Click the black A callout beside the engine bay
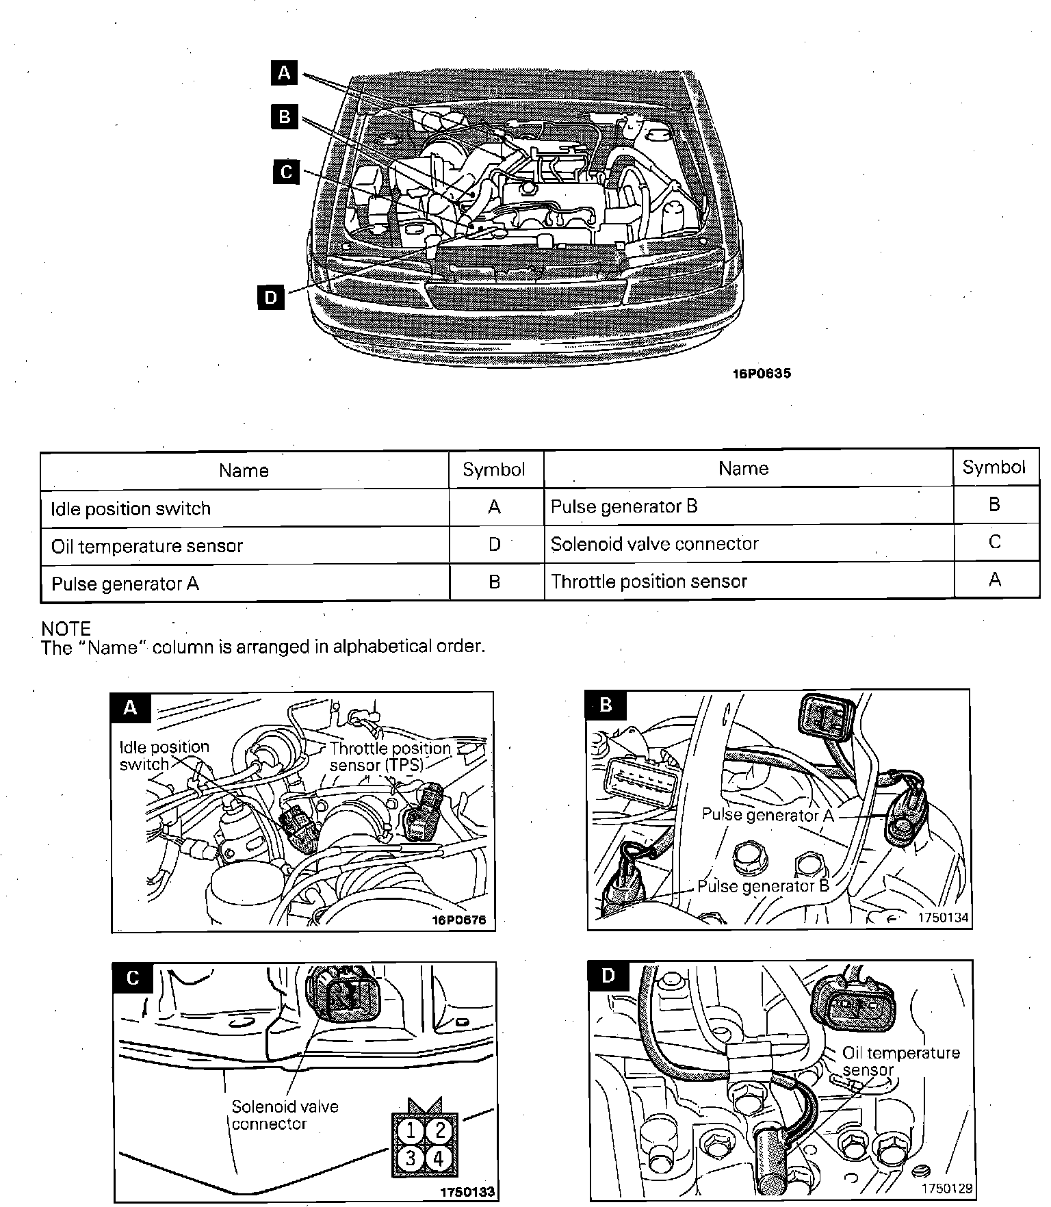[285, 72]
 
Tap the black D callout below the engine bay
[271, 297]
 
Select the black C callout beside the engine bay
[286, 171]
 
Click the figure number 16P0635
[762, 374]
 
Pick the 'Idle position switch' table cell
[131, 508]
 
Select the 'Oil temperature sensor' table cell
[147, 546]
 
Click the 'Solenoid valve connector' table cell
[654, 544]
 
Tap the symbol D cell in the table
[495, 545]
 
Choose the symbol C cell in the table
[995, 543]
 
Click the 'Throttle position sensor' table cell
[649, 582]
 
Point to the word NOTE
[66, 629]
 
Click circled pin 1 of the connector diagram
[411, 1130]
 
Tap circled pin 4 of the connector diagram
[439, 1159]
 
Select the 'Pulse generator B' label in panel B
[763, 886]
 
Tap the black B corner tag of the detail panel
[606, 705]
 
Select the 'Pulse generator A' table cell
[125, 584]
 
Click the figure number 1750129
[946, 1189]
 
